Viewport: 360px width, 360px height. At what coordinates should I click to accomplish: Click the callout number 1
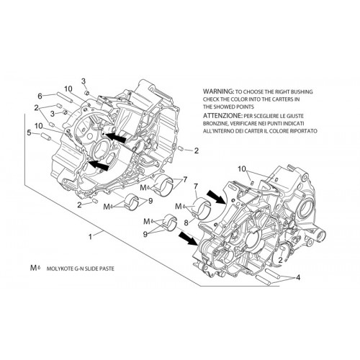pos(90,237)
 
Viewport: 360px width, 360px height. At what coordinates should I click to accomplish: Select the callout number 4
pos(298,277)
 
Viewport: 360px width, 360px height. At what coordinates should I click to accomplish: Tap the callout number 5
pos(29,132)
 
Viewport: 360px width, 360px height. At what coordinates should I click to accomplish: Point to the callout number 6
pos(40,96)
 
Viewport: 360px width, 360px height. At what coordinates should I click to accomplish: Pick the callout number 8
pos(186,222)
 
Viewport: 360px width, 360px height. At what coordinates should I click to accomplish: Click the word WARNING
pos(218,91)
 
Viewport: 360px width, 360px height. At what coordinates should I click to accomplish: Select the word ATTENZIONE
pos(222,116)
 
